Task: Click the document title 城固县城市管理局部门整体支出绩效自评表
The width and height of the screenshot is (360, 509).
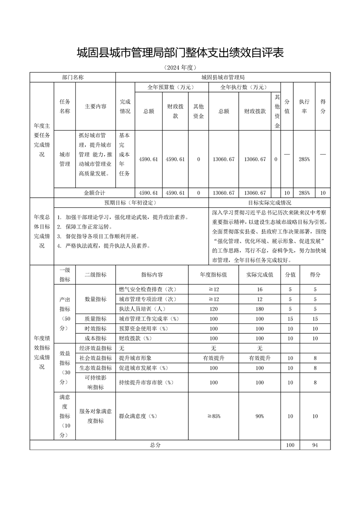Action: click(x=180, y=53)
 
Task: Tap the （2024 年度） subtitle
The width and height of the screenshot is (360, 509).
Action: click(x=180, y=68)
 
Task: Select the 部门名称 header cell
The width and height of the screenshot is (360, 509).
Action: click(x=73, y=77)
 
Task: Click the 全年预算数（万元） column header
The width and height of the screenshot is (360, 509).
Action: click(x=171, y=87)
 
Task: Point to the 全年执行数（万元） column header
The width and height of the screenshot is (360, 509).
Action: click(x=244, y=87)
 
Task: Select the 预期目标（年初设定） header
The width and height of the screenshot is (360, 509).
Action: click(x=131, y=203)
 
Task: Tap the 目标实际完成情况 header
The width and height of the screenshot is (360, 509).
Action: click(x=270, y=203)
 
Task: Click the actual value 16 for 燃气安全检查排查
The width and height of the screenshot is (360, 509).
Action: click(x=260, y=289)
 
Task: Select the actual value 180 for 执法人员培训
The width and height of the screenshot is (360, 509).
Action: click(x=260, y=309)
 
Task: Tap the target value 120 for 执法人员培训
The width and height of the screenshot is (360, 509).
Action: click(x=213, y=309)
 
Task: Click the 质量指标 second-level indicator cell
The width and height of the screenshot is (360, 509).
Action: click(x=95, y=319)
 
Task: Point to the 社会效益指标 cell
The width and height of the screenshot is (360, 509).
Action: click(x=95, y=358)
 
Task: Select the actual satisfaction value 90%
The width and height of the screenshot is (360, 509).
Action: click(x=260, y=416)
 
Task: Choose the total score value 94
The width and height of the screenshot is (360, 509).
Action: click(x=315, y=445)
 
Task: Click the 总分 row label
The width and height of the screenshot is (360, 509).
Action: click(x=155, y=445)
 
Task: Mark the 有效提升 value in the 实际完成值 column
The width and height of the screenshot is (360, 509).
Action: click(x=260, y=358)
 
